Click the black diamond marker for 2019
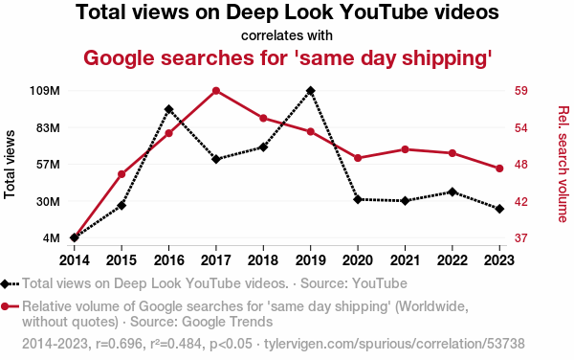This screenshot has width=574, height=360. pyautogui.click(x=310, y=91)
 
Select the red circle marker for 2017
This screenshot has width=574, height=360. pyautogui.click(x=216, y=91)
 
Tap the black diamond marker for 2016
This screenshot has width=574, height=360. pyautogui.click(x=168, y=109)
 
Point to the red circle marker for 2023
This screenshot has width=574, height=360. pyautogui.click(x=499, y=169)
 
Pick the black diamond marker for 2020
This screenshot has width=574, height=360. pyautogui.click(x=358, y=199)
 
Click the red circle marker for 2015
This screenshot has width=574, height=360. pyautogui.click(x=121, y=174)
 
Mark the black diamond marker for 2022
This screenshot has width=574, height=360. pyautogui.click(x=453, y=191)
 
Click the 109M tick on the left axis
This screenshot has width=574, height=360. pyautogui.click(x=45, y=91)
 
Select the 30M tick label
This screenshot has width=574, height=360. pyautogui.click(x=48, y=201)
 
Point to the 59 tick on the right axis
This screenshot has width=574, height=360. pyautogui.click(x=521, y=91)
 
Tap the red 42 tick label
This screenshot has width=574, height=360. pyautogui.click(x=521, y=201)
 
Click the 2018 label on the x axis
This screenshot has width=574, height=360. pyautogui.click(x=263, y=260)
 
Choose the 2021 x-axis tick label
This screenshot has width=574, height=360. pyautogui.click(x=405, y=260)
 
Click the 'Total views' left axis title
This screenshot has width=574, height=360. pyautogui.click(x=10, y=165)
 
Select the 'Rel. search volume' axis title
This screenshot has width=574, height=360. pyautogui.click(x=563, y=164)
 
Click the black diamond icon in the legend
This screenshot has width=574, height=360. pyautogui.click(x=5, y=283)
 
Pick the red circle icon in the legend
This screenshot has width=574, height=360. pyautogui.click(x=5, y=306)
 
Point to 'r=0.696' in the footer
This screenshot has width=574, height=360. pyautogui.click(x=119, y=344)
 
